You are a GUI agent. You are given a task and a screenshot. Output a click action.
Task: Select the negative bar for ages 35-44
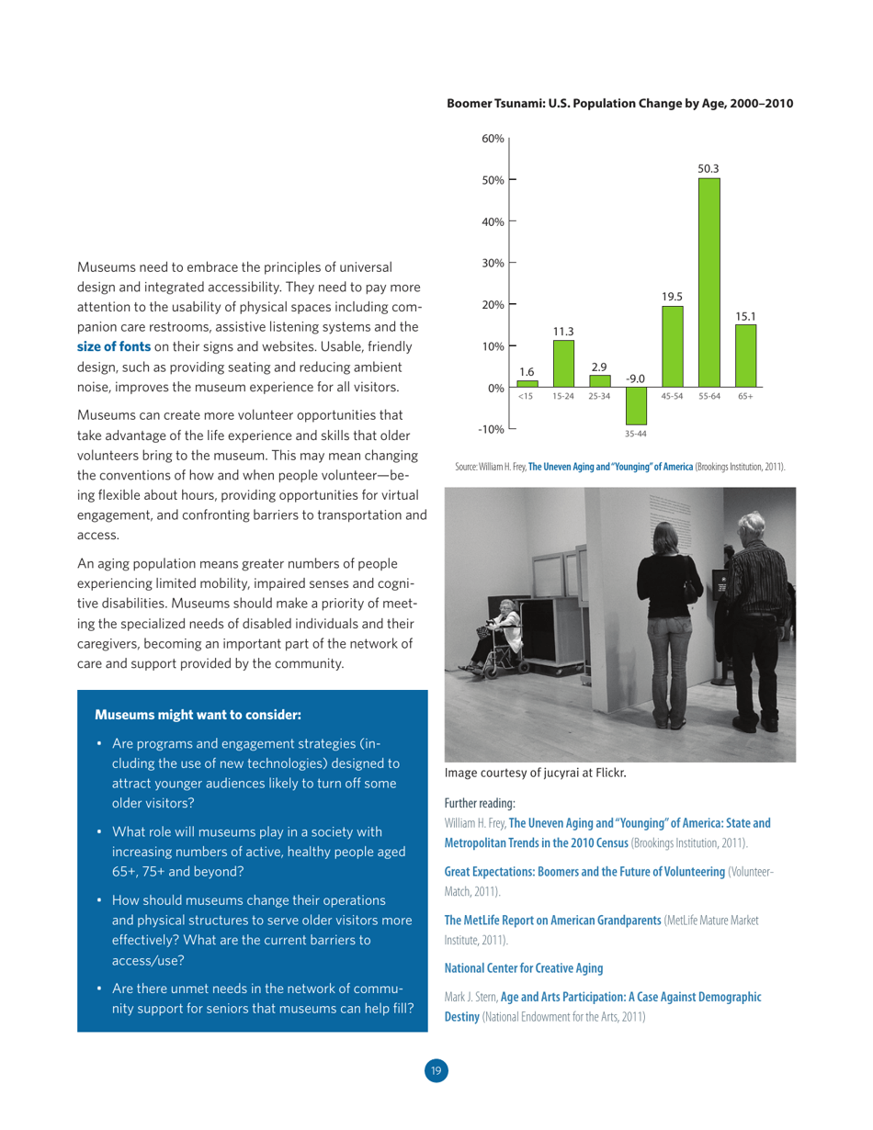pyautogui.click(x=636, y=405)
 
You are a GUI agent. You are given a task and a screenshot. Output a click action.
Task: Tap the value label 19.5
pyautogui.click(x=672, y=296)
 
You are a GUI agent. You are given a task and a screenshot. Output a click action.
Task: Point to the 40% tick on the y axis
pyautogui.click(x=494, y=221)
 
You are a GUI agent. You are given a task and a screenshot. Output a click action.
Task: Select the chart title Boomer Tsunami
pyautogui.click(x=619, y=103)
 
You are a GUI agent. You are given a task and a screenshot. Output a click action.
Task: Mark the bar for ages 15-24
pyautogui.click(x=563, y=364)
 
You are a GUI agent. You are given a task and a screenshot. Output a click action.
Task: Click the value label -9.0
pyautogui.click(x=635, y=378)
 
